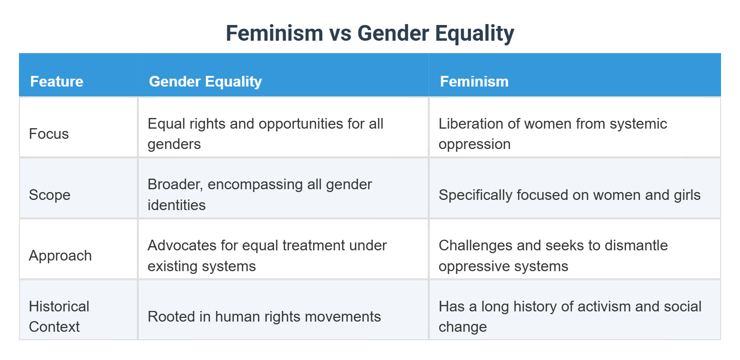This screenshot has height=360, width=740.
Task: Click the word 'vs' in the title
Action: [x=340, y=34]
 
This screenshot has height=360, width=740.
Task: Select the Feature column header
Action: [x=57, y=81]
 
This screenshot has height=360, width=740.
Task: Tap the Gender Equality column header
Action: [x=205, y=81]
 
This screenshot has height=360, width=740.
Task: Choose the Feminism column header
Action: [x=474, y=81]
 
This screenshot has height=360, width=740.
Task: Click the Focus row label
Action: [x=49, y=134]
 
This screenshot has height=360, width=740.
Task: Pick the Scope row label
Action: [x=49, y=195]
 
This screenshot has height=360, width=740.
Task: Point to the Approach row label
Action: [x=60, y=255]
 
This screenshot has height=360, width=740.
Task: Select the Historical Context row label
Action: [x=59, y=317]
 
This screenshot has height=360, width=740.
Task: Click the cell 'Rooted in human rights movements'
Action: [x=264, y=317]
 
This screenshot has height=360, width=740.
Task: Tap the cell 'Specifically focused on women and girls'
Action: [x=569, y=195]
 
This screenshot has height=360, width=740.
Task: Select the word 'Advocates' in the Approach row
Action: [x=182, y=245]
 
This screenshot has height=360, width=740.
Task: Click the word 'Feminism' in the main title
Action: [x=274, y=34]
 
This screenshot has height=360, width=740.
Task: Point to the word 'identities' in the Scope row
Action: [x=177, y=205]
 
